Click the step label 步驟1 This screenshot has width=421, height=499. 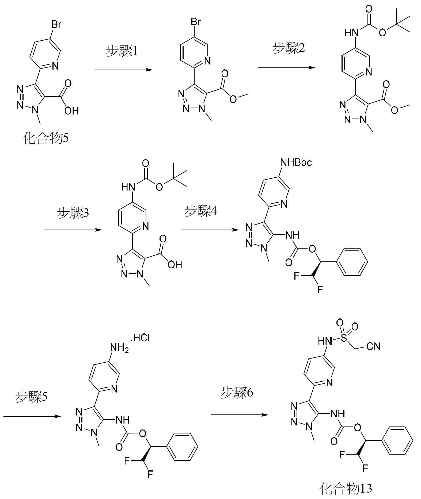pos(122,51)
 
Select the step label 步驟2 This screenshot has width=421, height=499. pos(289,48)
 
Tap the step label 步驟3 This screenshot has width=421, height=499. pos(73,213)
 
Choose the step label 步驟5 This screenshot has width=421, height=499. pos(31,396)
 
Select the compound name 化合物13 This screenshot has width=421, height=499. pos(346,488)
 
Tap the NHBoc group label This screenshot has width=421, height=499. pos(296,162)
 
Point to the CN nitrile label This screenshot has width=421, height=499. pos(373,346)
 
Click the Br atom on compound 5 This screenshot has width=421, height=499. pos(56,25)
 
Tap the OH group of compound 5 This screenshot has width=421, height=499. pos(71,111)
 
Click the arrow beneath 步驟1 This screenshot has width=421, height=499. pos(124,70)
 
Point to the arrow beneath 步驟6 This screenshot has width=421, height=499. pos(239,415)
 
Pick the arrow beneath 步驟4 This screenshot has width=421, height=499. pos(210,230)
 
